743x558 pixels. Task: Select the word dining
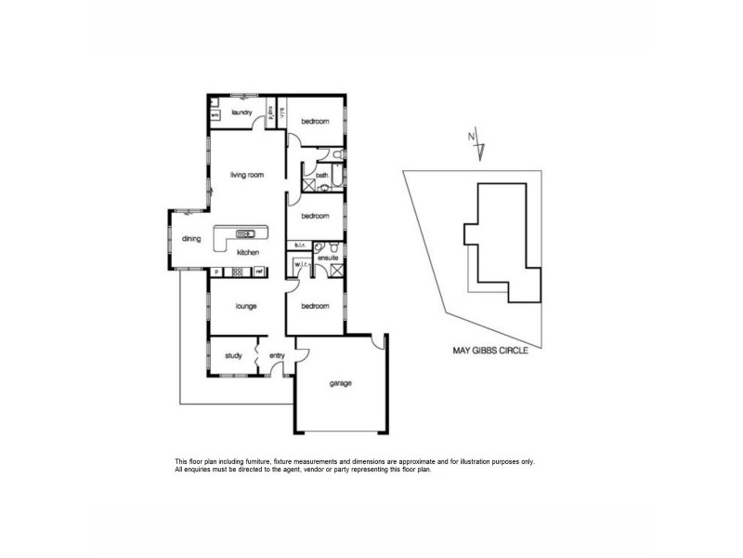pyautogui.click(x=191, y=239)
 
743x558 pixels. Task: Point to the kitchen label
pyautogui.click(x=247, y=253)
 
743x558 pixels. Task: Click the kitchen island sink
pyautogui.click(x=247, y=233)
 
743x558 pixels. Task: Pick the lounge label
pyautogui.click(x=245, y=306)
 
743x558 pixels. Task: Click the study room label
pyautogui.click(x=233, y=354)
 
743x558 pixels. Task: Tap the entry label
pyautogui.click(x=277, y=354)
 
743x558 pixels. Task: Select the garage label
pyautogui.click(x=340, y=382)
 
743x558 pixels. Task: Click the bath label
pyautogui.click(x=321, y=175)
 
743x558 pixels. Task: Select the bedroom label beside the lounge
pyautogui.click(x=314, y=306)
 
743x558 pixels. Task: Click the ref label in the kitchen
pyautogui.click(x=260, y=272)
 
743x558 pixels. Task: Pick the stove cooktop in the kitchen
pyautogui.click(x=237, y=272)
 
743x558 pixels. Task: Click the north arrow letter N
pyautogui.click(x=471, y=139)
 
